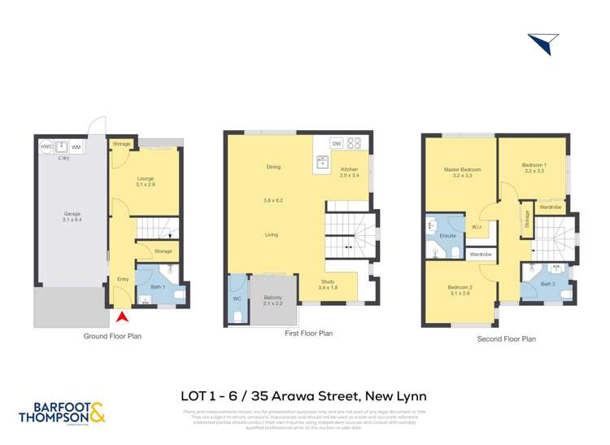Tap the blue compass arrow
coord(542,43)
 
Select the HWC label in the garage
coord(46,146)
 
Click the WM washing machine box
coord(76,146)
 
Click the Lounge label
coord(146,178)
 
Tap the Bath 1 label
coord(158,286)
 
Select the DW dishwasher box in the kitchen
coord(335,143)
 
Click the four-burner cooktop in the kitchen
coord(355,143)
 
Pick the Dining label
coord(273,167)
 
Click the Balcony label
coord(272,298)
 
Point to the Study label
coord(328,282)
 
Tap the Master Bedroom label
coord(462,169)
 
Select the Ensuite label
coord(447,235)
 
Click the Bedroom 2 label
coord(460,286)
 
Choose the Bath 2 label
coord(548,284)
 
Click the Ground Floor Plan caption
coord(112,336)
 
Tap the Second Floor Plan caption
coord(506,339)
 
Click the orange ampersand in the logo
coord(97,415)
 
